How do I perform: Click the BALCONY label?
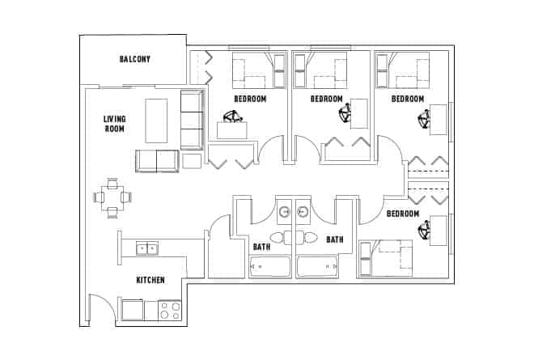(x=135, y=59)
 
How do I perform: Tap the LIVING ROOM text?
(x=114, y=124)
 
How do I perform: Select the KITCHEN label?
(x=150, y=280)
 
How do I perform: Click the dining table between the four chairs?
(x=112, y=197)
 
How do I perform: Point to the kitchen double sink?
(x=147, y=248)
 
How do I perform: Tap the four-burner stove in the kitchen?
(x=169, y=310)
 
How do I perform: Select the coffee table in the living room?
(x=156, y=120)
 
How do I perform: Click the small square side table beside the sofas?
(x=192, y=161)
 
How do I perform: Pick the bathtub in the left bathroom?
(x=269, y=266)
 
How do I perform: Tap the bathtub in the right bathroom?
(x=317, y=266)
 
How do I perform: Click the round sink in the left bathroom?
(x=284, y=214)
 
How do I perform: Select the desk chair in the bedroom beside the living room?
(x=234, y=121)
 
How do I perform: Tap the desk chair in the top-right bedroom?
(x=423, y=122)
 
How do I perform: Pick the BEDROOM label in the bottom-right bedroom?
(x=402, y=214)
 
